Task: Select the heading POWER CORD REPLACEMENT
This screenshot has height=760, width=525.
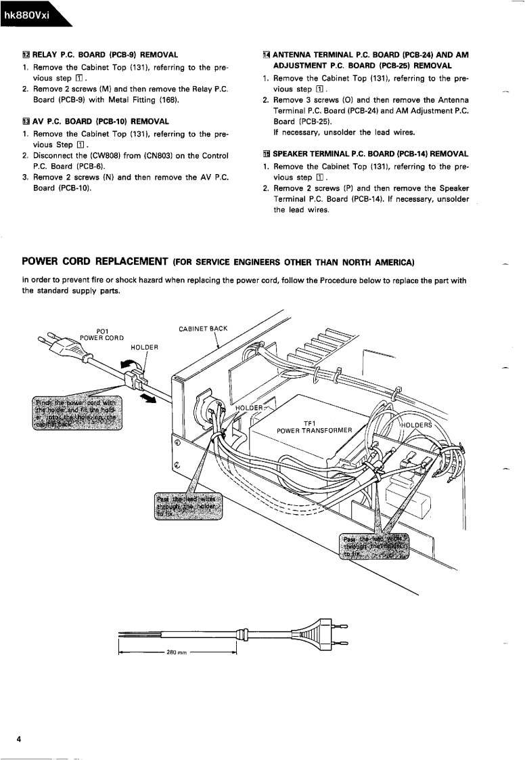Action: coord(95,261)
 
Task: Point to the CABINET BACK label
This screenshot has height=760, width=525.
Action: coord(204,329)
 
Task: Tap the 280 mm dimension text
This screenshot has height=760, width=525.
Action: coord(177,653)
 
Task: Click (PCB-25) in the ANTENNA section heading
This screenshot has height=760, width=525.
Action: coord(370,66)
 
